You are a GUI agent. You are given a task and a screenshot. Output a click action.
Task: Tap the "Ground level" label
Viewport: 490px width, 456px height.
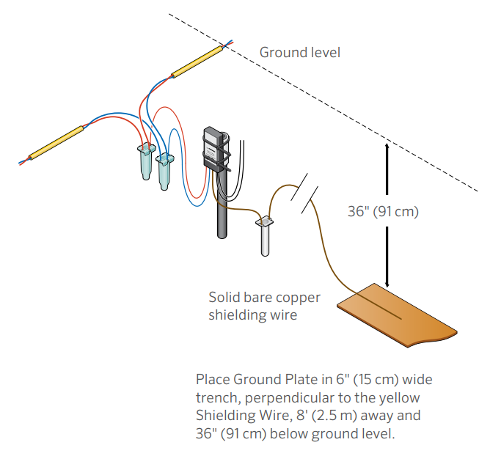[x=300, y=53]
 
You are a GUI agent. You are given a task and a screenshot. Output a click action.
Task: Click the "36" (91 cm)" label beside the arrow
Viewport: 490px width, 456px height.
[x=382, y=212]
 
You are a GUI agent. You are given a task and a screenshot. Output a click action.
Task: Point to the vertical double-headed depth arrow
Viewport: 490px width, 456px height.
[x=387, y=213]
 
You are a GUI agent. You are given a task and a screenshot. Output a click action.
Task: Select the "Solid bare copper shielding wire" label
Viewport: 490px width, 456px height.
[x=252, y=306]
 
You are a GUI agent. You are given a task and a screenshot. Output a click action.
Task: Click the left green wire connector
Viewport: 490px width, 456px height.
[x=146, y=161]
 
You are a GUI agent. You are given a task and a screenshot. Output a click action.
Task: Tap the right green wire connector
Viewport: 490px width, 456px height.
[x=167, y=168]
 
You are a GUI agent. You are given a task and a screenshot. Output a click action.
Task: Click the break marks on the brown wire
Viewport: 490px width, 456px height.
[x=304, y=192]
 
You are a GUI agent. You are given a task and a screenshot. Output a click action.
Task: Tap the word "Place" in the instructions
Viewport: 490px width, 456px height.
[x=213, y=380]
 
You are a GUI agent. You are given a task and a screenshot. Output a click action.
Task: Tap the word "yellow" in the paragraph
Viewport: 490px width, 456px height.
[x=402, y=398]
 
